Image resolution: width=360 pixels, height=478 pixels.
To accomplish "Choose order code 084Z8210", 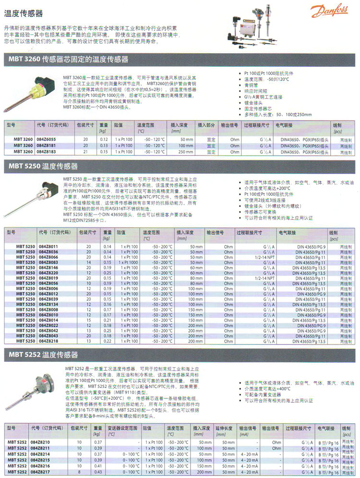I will pyautogui.click(x=40, y=442).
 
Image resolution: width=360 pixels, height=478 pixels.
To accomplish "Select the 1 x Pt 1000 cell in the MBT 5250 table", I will pyautogui.click(x=129, y=262).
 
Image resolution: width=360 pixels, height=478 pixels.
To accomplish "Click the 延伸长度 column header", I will pyautogui.click(x=224, y=428).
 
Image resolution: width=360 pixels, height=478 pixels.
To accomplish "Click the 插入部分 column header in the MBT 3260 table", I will pyautogui.click(x=206, y=124).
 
